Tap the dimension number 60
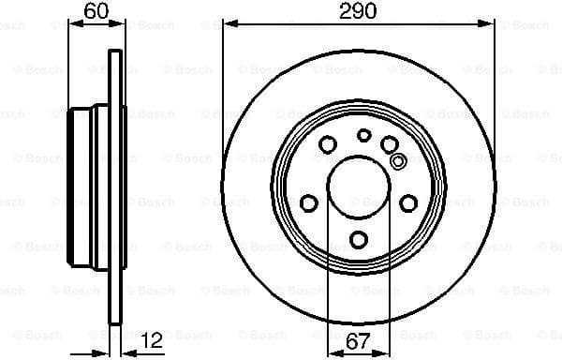click(x=95, y=12)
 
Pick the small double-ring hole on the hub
click(x=397, y=160)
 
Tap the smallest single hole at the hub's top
click(x=363, y=135)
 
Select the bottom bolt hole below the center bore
click(x=359, y=238)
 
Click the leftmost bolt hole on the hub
click(x=308, y=202)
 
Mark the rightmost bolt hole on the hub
click(x=408, y=202)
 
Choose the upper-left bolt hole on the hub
click(x=328, y=143)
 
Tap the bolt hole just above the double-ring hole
click(x=389, y=143)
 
